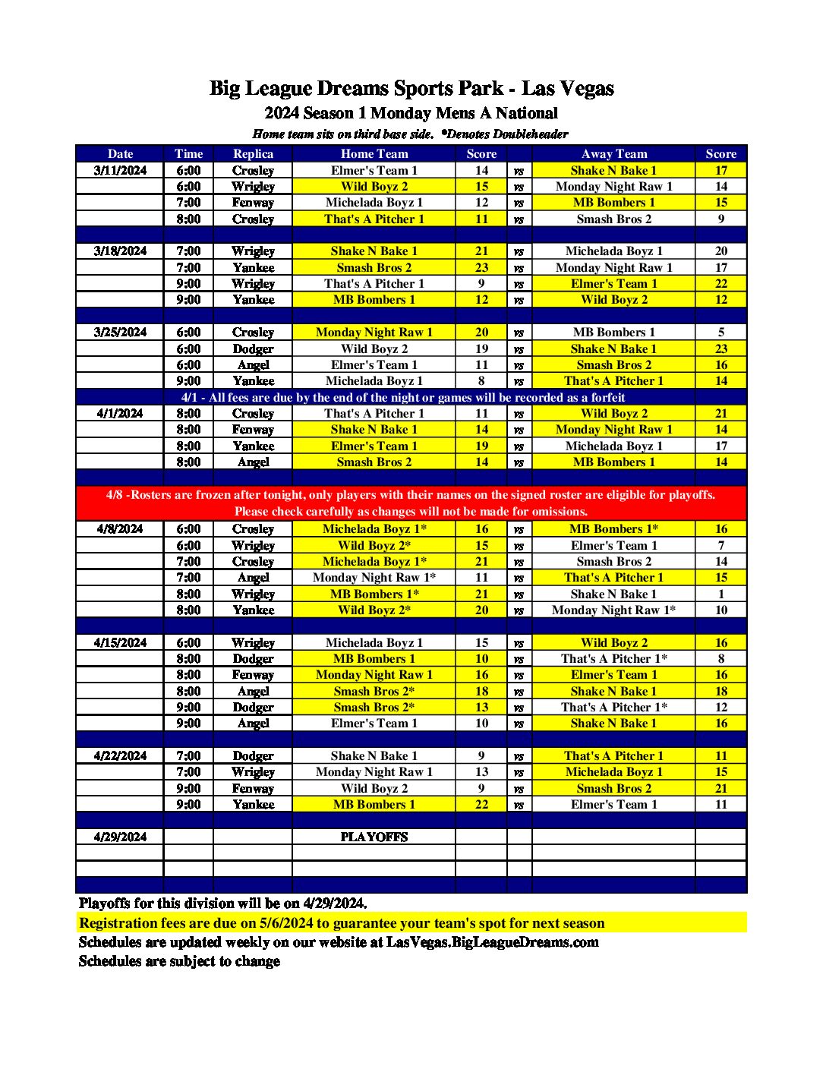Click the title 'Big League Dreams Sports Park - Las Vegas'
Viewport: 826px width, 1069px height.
(411, 89)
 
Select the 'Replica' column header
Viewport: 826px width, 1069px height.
(253, 153)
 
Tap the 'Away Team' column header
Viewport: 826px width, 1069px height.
(613, 153)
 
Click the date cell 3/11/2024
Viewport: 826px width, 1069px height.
(120, 170)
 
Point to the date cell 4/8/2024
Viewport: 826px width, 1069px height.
(120, 528)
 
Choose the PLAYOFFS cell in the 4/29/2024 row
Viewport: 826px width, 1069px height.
(374, 837)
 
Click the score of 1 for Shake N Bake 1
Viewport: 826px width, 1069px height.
(720, 594)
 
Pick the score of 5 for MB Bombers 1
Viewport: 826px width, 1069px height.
(720, 332)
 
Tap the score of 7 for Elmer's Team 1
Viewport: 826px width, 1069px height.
(720, 545)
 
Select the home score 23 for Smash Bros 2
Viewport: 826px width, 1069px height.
(481, 267)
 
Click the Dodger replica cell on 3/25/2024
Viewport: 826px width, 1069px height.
(253, 348)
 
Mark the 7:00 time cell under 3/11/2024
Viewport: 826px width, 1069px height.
(188, 203)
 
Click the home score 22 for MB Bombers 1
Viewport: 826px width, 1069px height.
(481, 804)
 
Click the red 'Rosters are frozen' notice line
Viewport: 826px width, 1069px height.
(411, 495)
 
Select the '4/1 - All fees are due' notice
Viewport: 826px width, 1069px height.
(403, 397)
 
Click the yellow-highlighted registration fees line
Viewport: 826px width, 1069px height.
(342, 923)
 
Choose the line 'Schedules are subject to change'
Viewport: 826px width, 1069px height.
(179, 961)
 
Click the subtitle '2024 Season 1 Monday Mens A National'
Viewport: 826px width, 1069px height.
(411, 113)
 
